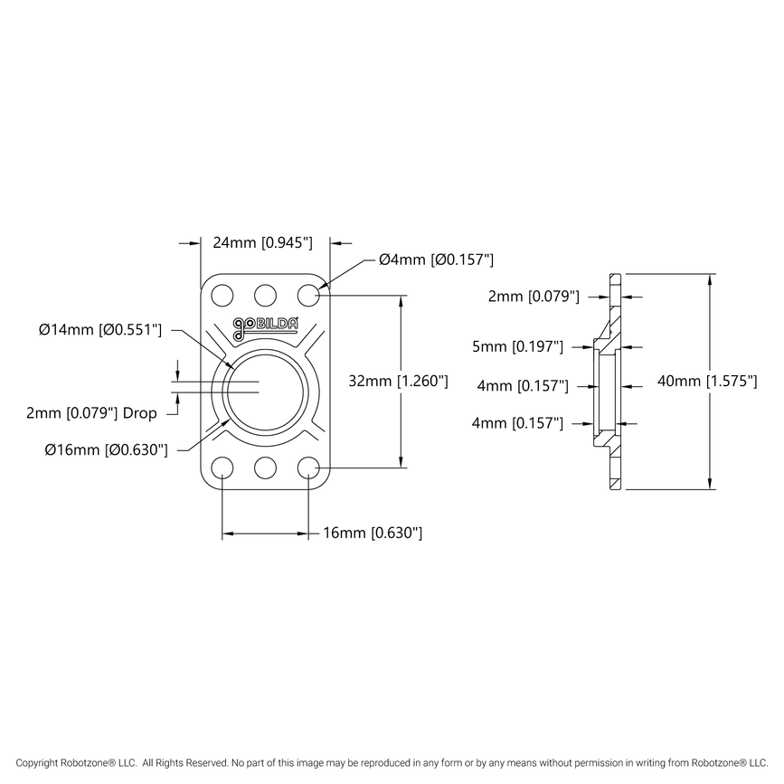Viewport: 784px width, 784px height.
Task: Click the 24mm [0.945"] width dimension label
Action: click(262, 242)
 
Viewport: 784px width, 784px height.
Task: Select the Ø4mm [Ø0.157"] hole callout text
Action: click(436, 260)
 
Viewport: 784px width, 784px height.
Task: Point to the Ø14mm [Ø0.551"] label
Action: click(100, 330)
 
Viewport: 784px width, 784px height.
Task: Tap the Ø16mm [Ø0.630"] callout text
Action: click(106, 449)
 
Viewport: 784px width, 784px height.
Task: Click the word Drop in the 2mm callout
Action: click(140, 413)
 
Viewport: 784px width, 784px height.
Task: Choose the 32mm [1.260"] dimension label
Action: click(399, 382)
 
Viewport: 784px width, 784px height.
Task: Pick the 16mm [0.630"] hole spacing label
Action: click(373, 534)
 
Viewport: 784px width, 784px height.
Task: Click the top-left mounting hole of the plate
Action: click(222, 295)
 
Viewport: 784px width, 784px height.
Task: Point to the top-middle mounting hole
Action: click(265, 295)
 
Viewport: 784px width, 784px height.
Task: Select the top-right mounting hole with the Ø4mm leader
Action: click(308, 295)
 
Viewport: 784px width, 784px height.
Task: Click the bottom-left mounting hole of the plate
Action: click(222, 468)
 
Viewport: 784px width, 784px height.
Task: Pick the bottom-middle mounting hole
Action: click(265, 468)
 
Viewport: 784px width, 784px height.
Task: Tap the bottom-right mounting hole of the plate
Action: click(308, 468)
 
